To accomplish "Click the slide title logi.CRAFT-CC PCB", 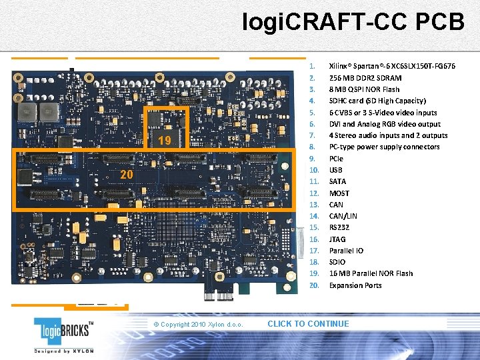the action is click(353, 21).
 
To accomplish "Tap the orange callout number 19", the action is click(165, 140).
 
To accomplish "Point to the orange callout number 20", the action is click(127, 175).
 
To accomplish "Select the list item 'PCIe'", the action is click(336, 159).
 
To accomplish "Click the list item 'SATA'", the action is click(337, 181).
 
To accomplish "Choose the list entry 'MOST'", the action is click(339, 193).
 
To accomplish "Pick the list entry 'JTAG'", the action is click(337, 239).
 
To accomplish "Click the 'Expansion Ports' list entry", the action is click(355, 285).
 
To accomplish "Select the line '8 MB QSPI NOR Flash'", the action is click(364, 89).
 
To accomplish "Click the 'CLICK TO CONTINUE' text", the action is click(308, 324).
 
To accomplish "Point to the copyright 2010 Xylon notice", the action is click(198, 325).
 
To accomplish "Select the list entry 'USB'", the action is click(336, 170).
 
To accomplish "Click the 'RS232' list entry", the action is click(339, 227).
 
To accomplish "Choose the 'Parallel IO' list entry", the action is click(346, 251).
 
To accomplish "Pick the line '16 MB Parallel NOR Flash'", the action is click(371, 273).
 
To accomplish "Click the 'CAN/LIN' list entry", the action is click(343, 216).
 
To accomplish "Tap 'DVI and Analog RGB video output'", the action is click(385, 124).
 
